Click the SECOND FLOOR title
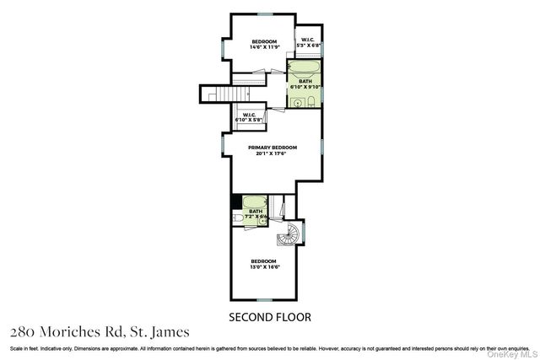270,317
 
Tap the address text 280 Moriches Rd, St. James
100,331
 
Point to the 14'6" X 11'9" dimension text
264,47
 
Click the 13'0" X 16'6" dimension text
264,267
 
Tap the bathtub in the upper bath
304,67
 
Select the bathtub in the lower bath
255,203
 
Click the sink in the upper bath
298,102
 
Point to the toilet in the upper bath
311,101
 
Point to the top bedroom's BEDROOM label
264,41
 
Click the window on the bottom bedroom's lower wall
264,299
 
